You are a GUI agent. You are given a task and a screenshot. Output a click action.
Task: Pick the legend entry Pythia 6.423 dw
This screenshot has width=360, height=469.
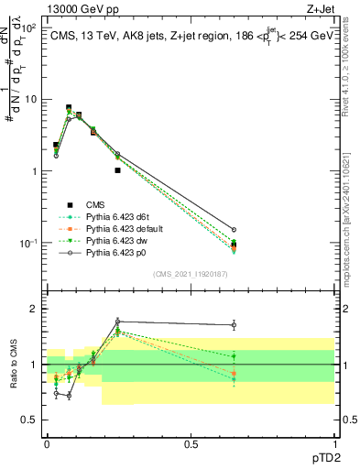(113, 240)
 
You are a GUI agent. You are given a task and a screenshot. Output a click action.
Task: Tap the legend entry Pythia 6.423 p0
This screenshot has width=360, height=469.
(112, 252)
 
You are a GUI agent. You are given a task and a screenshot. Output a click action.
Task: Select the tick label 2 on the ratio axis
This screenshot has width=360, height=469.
(34, 310)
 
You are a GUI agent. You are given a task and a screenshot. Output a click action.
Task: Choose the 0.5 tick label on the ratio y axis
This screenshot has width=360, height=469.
(30, 420)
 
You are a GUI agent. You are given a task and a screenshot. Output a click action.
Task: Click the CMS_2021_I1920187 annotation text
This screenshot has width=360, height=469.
(191, 274)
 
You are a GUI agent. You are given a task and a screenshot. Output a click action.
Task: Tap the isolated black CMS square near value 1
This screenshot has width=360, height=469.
(117, 170)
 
